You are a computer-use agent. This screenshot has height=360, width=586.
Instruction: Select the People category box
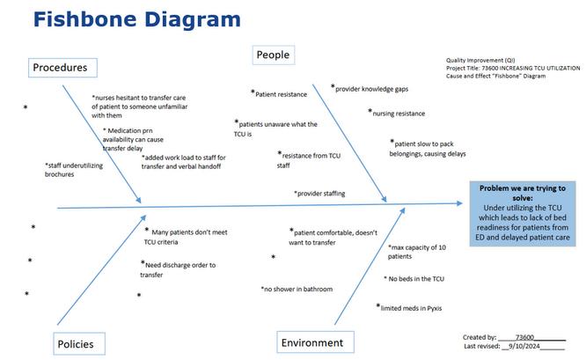(x=272, y=55)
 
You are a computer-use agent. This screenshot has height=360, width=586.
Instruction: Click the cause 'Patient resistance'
(x=281, y=92)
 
